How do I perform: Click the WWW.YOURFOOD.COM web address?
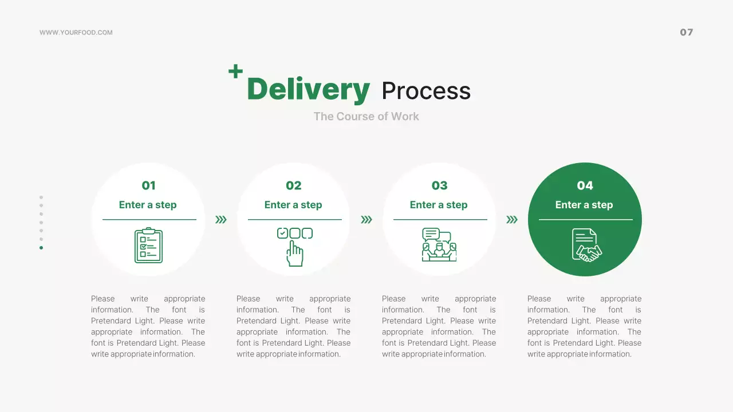(76, 33)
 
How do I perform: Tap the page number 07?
(686, 32)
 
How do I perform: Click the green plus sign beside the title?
(235, 72)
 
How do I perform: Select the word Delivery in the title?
(309, 90)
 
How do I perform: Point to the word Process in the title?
(426, 90)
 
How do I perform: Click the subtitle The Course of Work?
(366, 116)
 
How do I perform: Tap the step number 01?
(148, 185)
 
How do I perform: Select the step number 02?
(294, 185)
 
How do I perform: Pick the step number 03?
(439, 185)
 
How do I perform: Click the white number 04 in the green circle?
(585, 185)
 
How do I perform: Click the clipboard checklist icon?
(148, 245)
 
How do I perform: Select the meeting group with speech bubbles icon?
(439, 244)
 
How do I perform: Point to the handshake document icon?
(587, 245)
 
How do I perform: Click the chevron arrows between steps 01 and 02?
(221, 219)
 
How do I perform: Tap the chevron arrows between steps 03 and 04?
(512, 219)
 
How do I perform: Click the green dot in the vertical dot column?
(41, 248)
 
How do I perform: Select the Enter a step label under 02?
(293, 205)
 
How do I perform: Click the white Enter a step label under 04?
(584, 205)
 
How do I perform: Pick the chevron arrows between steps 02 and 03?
(366, 219)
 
